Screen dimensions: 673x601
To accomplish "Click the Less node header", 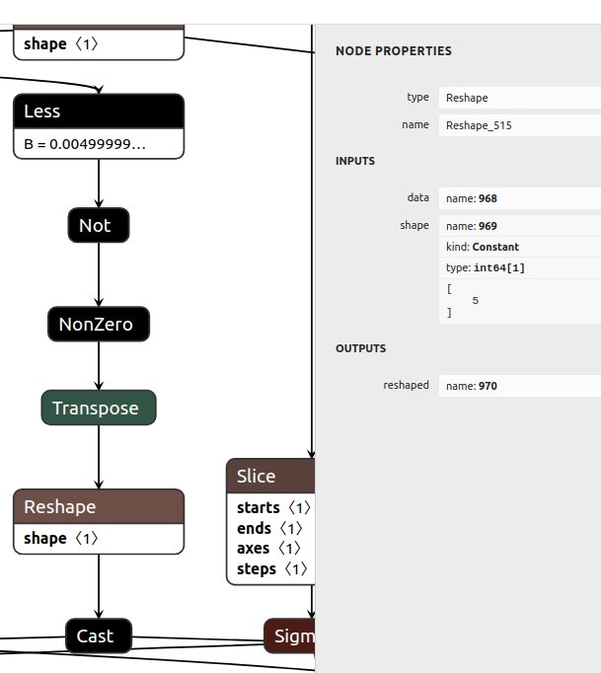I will [99, 112].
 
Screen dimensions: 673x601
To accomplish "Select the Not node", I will [99, 226].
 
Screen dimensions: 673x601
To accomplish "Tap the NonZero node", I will [99, 324].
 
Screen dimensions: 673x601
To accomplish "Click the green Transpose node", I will [99, 408].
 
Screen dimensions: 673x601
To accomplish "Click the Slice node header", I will [269, 476].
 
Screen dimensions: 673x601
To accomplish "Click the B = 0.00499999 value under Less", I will [85, 144].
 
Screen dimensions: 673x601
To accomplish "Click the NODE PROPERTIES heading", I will [393, 50].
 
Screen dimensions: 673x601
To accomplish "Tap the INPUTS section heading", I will [355, 161].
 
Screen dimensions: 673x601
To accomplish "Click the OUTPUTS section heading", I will [361, 348].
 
